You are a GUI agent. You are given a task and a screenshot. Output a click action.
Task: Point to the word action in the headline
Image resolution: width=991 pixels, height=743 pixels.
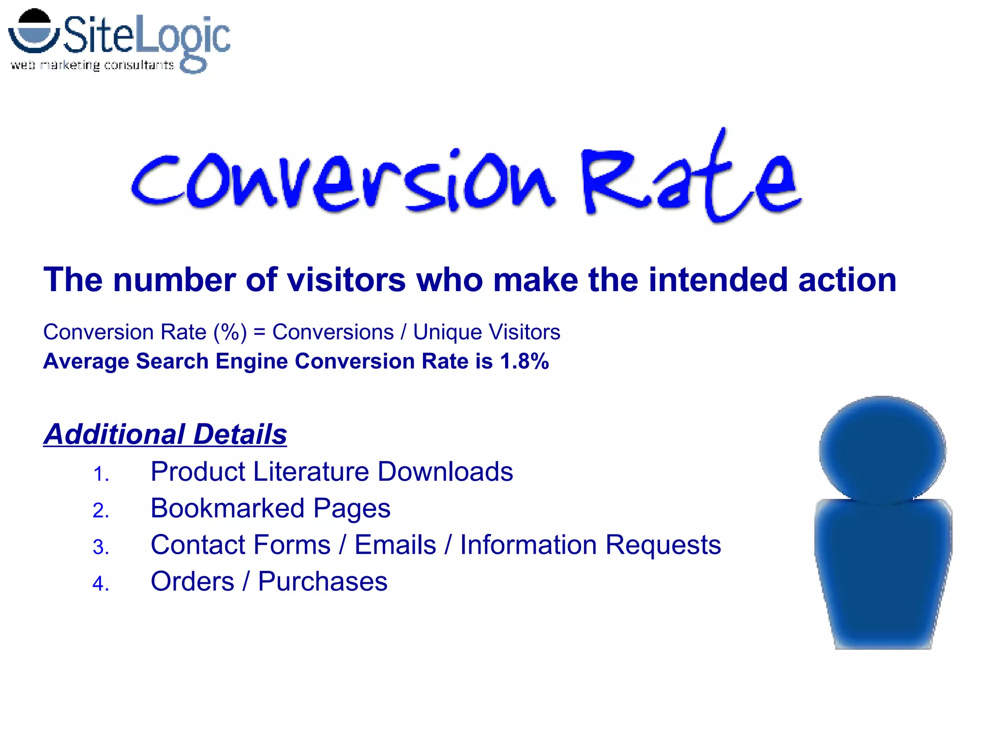click(x=847, y=280)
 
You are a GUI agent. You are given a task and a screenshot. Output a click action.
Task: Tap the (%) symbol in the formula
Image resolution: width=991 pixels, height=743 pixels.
click(x=230, y=332)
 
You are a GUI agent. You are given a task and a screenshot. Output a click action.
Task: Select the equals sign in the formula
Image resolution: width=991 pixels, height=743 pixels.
click(x=259, y=332)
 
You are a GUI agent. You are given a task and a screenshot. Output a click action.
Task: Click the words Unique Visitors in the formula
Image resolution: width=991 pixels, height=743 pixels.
click(x=486, y=332)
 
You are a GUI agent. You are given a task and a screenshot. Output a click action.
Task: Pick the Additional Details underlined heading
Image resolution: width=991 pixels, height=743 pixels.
click(x=165, y=434)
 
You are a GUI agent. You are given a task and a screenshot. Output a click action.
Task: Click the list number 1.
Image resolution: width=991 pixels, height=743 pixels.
click(x=101, y=474)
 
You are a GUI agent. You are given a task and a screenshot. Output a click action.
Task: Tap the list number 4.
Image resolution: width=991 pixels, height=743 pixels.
click(x=101, y=584)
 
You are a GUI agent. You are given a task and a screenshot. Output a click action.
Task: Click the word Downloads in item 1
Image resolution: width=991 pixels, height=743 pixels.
click(x=445, y=472)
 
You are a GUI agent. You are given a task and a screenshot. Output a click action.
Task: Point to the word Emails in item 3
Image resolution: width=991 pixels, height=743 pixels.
click(x=395, y=545)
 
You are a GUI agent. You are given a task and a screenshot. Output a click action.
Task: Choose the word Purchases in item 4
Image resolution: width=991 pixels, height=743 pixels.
click(x=323, y=581)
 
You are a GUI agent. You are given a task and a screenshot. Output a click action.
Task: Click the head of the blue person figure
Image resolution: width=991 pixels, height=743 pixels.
click(x=882, y=450)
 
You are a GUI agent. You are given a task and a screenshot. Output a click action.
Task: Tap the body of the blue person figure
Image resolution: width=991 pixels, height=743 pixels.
click(x=883, y=571)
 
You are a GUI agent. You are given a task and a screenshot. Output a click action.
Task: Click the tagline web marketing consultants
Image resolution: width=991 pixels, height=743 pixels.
click(x=92, y=65)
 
